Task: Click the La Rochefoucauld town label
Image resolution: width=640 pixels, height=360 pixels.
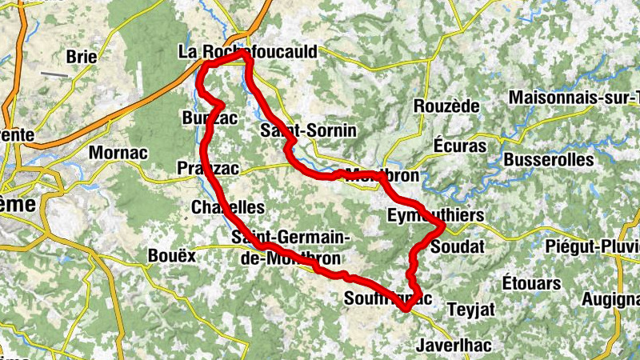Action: click(x=246, y=53)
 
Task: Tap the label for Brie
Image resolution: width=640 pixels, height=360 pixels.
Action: click(x=82, y=57)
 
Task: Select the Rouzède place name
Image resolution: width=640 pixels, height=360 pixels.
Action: click(x=446, y=106)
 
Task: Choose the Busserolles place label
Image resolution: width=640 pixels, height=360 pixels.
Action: click(x=549, y=159)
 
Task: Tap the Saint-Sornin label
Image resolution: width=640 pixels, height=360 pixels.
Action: click(x=308, y=130)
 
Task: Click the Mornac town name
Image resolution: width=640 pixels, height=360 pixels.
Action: click(x=118, y=152)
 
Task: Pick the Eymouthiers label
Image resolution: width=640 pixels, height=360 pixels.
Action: click(x=435, y=215)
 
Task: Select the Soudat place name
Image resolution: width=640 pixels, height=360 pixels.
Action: click(x=458, y=247)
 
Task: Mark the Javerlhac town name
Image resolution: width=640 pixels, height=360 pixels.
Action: click(x=454, y=346)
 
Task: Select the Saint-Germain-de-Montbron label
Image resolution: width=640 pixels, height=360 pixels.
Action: click(x=290, y=248)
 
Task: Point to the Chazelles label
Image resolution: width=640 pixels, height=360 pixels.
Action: click(x=228, y=207)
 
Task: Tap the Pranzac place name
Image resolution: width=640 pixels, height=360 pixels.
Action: click(x=206, y=168)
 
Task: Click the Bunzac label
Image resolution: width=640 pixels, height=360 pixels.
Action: click(x=205, y=118)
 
